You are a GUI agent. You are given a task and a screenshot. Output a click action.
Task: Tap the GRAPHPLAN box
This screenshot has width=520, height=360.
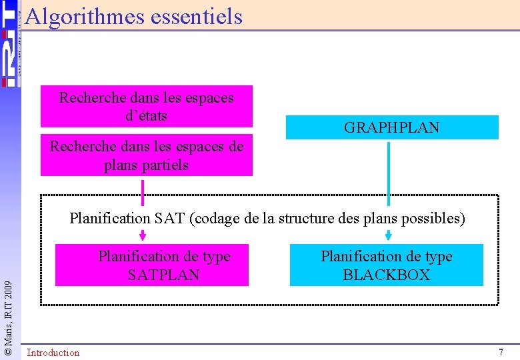(392, 127)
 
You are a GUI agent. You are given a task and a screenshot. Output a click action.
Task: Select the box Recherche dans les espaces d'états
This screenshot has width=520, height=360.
(146, 106)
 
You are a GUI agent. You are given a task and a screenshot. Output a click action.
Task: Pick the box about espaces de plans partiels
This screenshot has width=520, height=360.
(146, 155)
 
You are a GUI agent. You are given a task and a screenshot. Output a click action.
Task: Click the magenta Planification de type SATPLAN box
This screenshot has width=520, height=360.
(151, 265)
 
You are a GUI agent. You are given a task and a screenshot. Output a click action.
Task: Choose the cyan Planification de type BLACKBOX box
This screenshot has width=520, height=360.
(386, 265)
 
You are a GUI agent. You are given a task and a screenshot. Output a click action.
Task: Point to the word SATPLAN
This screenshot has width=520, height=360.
(163, 275)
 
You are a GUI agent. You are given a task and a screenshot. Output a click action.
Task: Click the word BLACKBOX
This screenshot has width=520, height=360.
(386, 275)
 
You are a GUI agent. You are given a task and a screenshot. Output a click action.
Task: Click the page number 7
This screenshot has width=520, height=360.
(501, 352)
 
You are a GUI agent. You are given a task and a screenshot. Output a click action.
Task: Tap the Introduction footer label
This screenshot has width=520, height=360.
(53, 353)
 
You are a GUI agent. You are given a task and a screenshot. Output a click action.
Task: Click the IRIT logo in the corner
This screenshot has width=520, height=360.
(9, 43)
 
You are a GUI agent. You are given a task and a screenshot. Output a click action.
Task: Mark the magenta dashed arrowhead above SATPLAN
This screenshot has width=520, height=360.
(143, 235)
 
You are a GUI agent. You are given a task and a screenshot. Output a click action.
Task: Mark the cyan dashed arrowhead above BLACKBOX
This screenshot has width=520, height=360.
(389, 235)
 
